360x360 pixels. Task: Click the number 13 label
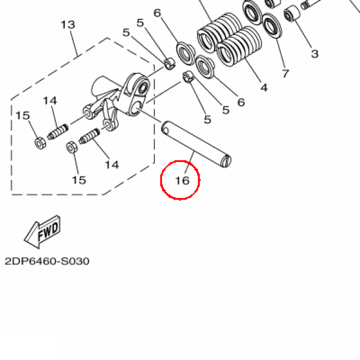68,25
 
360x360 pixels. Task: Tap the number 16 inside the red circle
182,180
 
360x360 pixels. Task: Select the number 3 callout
315,54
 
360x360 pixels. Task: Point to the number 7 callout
285,73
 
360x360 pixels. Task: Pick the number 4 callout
264,88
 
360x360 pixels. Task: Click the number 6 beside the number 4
241,102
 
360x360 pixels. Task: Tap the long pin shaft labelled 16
196,144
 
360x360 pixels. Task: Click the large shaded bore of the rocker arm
143,88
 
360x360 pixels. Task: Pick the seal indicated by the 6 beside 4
205,66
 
